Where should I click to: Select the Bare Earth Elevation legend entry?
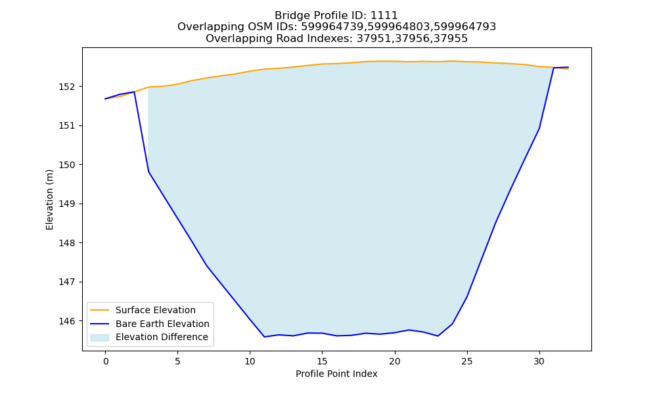[150, 324]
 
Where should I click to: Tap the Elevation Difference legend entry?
[149, 337]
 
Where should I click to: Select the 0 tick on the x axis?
[105, 361]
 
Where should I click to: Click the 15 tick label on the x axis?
[322, 361]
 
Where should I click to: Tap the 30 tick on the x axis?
[539, 361]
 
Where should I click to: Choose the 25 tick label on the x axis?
[466, 361]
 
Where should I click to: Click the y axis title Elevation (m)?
[49, 200]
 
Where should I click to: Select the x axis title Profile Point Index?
[336, 374]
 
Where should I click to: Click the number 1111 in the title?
[384, 16]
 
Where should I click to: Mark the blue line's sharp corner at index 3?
[148, 171]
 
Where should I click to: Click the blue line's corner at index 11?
[264, 337]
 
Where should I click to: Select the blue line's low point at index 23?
[438, 336]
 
